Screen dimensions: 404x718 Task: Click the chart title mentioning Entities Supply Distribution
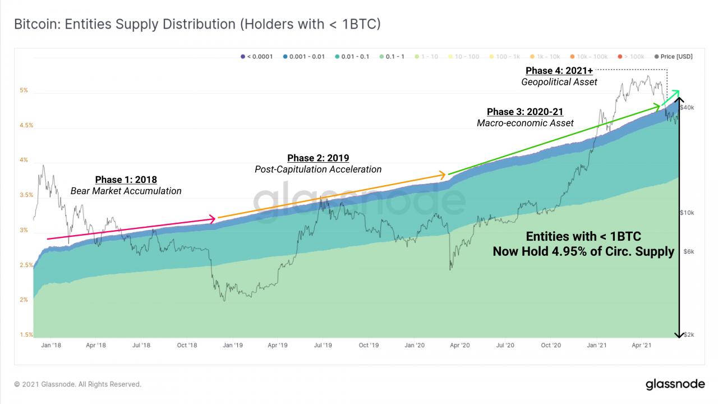coord(197,24)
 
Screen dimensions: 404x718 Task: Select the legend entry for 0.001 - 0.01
coord(305,57)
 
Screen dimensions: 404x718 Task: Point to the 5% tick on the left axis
coord(23,90)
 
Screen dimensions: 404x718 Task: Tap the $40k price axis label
coord(687,107)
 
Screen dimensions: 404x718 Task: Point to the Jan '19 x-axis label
coord(232,346)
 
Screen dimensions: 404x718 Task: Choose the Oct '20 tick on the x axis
coord(551,346)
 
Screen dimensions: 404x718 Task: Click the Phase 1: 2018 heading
coord(126,180)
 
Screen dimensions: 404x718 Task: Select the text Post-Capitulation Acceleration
coord(318,169)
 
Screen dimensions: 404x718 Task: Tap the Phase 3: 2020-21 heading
coord(525,112)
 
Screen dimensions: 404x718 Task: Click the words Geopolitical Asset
coord(559,82)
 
